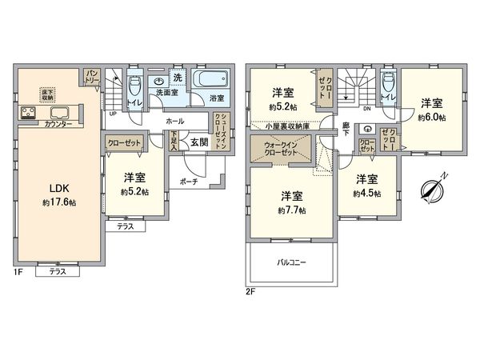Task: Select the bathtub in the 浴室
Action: [x=212, y=81]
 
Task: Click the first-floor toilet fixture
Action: [x=134, y=86]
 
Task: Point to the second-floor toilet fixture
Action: [x=388, y=83]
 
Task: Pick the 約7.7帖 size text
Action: [x=291, y=210]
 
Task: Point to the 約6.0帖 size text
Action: [x=431, y=117]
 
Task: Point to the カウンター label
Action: [x=58, y=124]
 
